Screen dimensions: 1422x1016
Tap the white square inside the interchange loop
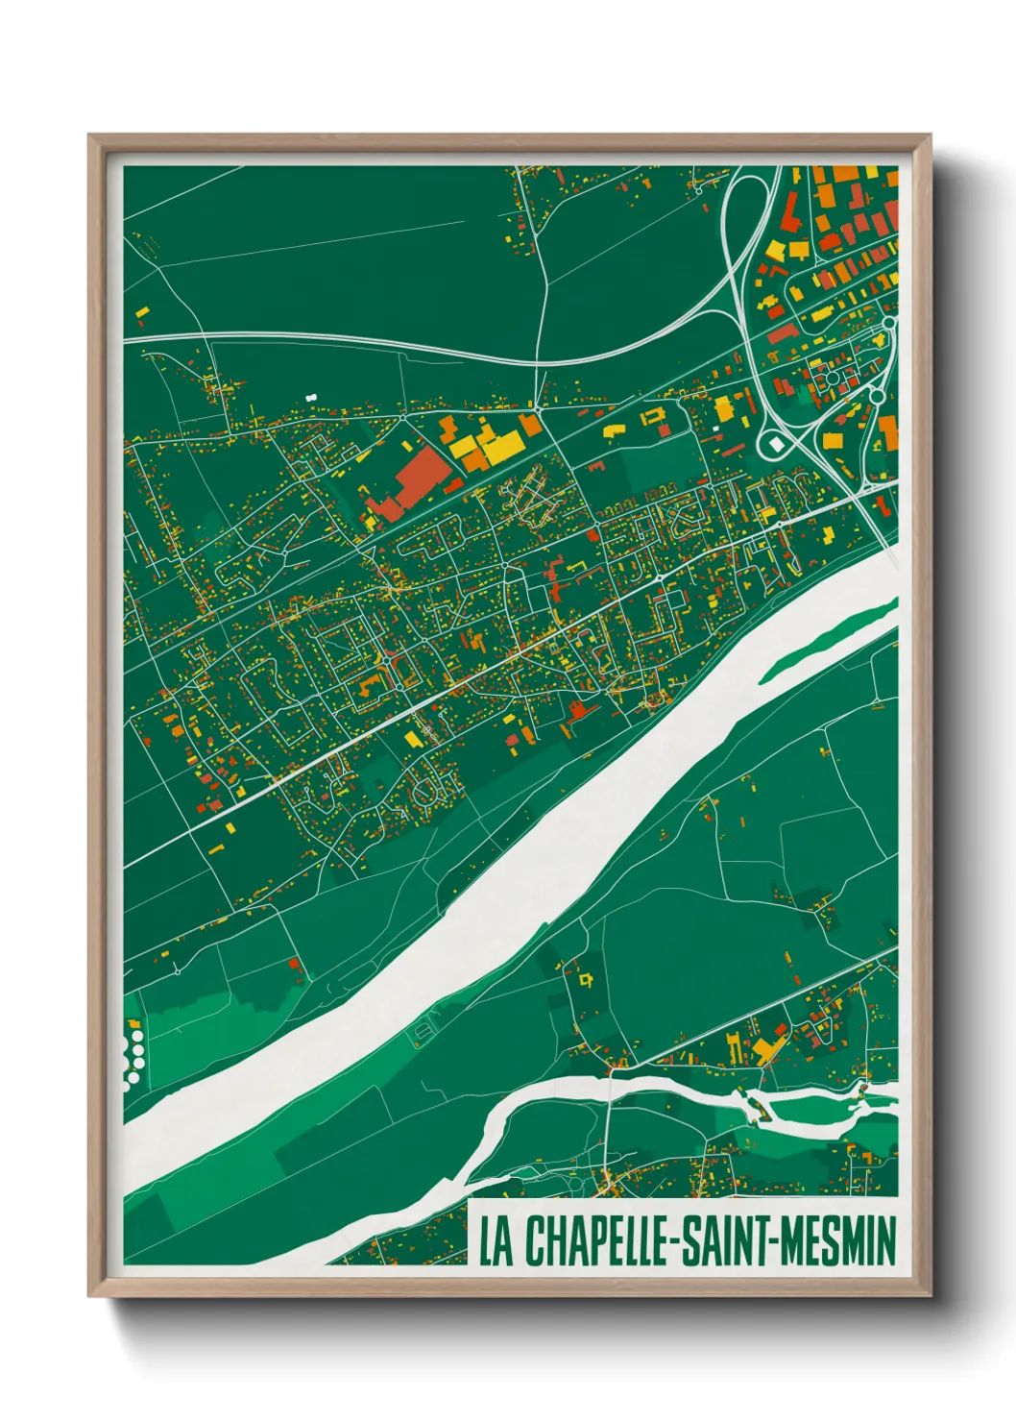pyautogui.click(x=776, y=445)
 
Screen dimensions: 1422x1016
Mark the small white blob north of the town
pyautogui.click(x=310, y=396)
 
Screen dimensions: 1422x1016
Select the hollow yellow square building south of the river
pyautogui.click(x=585, y=979)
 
